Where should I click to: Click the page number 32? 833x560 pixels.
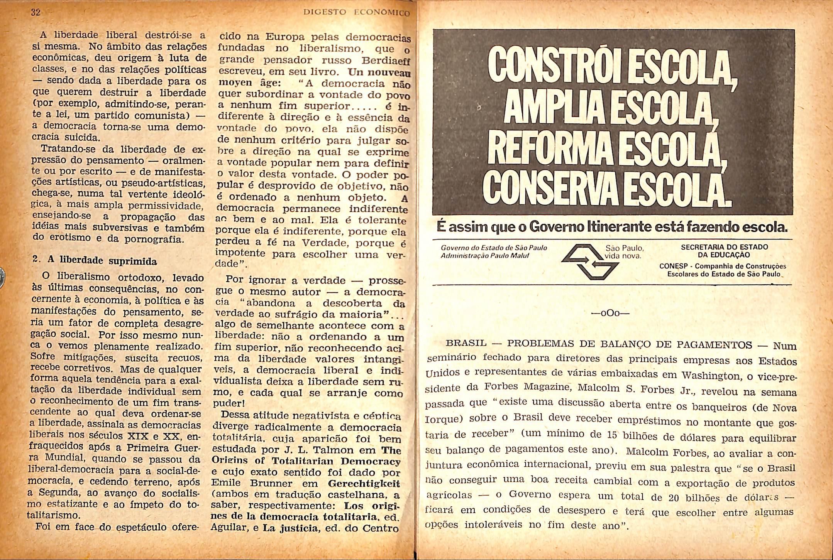point(36,12)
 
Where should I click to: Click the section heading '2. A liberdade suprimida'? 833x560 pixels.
point(95,261)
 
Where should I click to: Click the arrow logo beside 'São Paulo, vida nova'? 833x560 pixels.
point(590,261)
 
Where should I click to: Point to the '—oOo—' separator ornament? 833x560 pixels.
point(610,313)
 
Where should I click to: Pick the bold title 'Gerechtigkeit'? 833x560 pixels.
point(364,484)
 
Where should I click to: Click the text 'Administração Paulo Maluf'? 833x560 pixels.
point(482,255)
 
